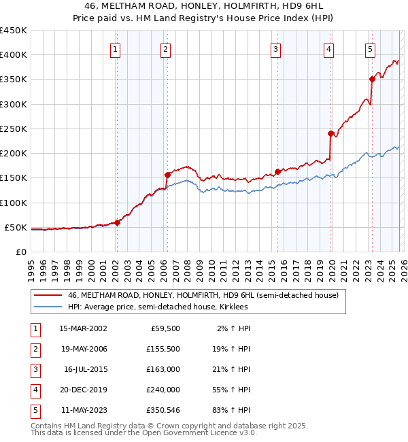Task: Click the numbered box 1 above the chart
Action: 116,49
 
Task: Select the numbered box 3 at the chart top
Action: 275,49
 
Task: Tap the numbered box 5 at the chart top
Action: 370,49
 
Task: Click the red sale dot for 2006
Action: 167,175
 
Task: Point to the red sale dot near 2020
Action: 330,133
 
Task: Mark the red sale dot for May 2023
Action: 372,79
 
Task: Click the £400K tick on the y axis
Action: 14,55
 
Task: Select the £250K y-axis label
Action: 14,129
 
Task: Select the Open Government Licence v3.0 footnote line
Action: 144,432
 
